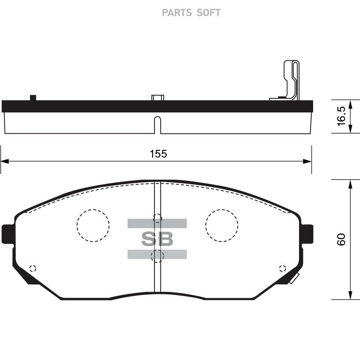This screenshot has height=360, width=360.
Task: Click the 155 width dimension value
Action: pos(158,154)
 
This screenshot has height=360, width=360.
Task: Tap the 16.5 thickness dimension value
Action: pos(341,116)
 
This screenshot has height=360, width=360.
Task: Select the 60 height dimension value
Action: pos(341,240)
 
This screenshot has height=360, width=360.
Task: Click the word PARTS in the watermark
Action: pos(176,13)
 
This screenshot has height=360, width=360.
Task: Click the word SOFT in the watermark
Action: pos(208,13)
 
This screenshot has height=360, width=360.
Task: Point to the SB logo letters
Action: pos(157,239)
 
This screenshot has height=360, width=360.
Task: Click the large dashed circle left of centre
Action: pos(93,226)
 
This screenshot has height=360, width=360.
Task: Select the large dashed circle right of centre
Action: pos(222,226)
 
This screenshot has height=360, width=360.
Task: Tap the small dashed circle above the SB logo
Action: pos(158,218)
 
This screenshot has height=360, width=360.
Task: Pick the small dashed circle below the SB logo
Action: pos(158,256)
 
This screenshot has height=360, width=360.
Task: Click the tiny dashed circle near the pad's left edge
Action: pos(33,268)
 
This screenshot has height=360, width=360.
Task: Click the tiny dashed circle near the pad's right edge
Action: pos(282,268)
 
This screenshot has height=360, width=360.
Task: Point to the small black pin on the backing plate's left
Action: pos(33,97)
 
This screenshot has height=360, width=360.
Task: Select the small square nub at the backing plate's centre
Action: pos(157,98)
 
